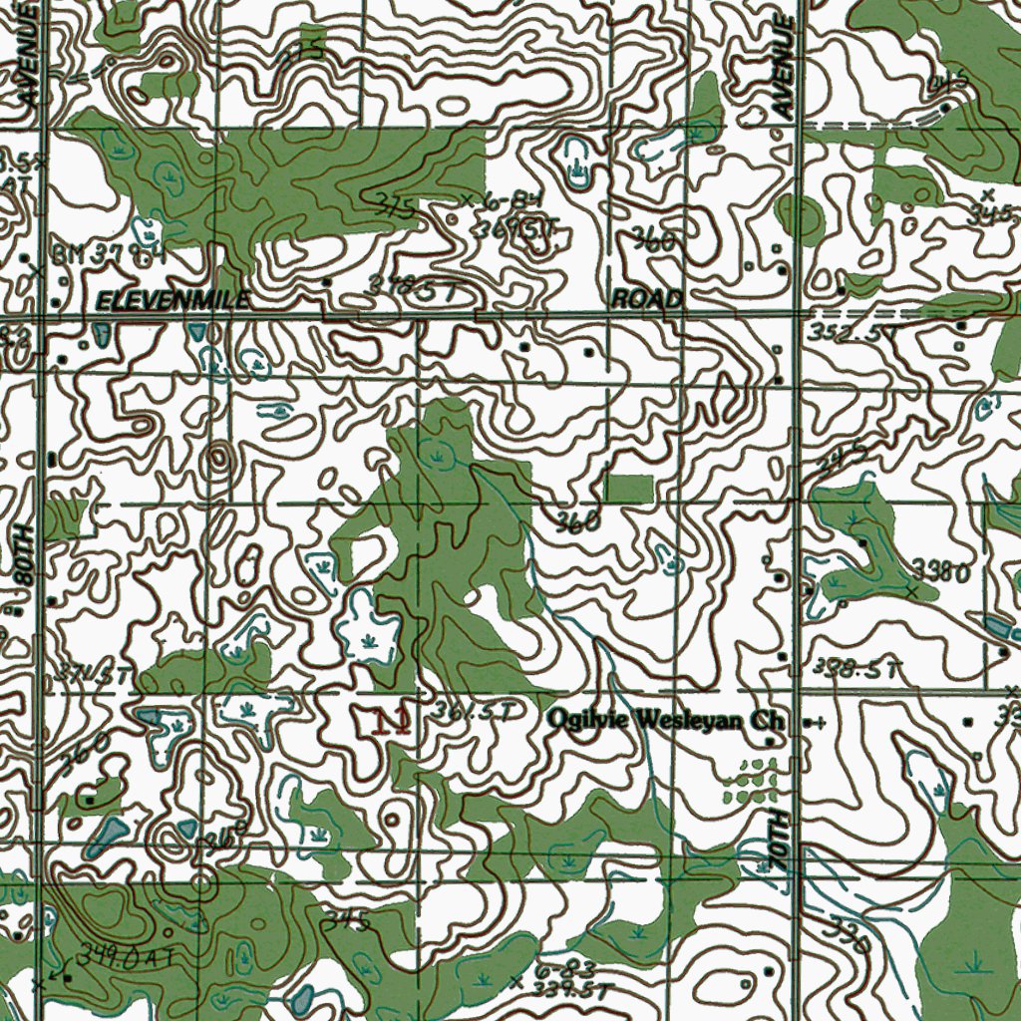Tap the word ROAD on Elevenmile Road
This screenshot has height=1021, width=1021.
point(646,299)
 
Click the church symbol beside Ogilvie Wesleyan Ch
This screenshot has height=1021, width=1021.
point(815,723)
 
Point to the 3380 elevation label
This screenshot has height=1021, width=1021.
point(940,571)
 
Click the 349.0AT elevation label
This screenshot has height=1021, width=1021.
point(128,957)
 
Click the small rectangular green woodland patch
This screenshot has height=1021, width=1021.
point(629,489)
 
